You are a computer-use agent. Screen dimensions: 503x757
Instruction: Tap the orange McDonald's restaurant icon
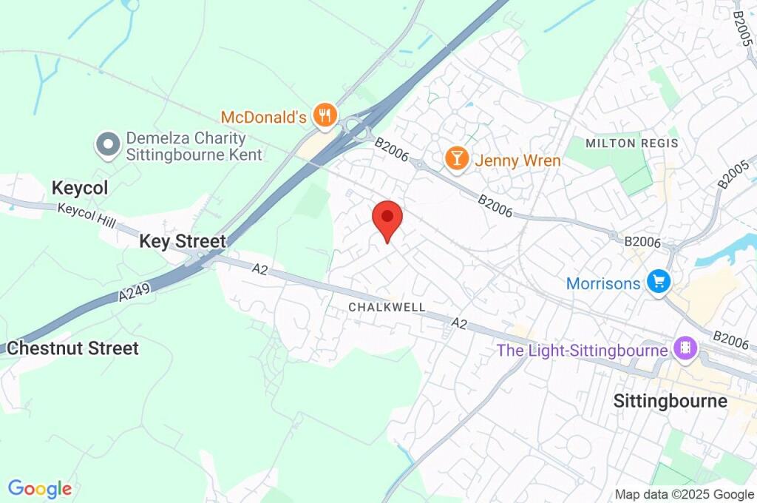(x=325, y=115)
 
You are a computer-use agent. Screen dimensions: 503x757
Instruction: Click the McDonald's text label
(x=263, y=117)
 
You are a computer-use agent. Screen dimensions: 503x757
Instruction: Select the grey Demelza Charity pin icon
(x=109, y=145)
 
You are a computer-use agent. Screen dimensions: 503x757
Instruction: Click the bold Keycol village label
(x=80, y=188)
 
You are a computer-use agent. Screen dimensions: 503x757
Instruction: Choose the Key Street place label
(x=183, y=241)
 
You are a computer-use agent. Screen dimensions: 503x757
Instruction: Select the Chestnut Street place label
(x=72, y=348)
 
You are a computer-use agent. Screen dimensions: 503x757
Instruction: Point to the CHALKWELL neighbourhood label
(x=387, y=306)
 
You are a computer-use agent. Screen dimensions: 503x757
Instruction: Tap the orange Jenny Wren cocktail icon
(x=456, y=158)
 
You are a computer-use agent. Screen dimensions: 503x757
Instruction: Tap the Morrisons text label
(x=602, y=283)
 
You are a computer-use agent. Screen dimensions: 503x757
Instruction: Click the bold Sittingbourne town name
(x=671, y=401)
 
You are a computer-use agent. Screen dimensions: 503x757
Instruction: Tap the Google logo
(x=40, y=489)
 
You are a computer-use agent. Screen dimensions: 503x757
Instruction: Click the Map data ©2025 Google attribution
(x=685, y=495)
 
